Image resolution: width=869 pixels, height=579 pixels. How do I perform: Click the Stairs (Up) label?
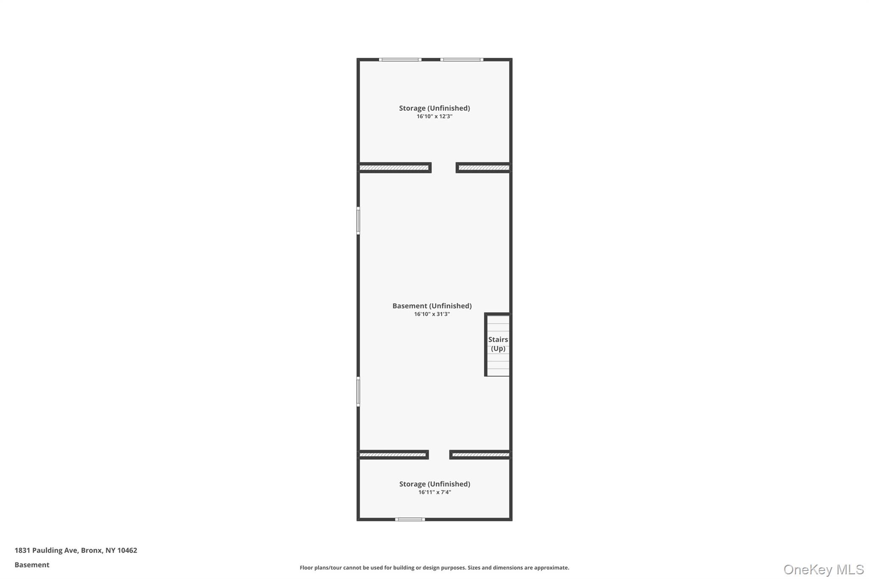pyautogui.click(x=498, y=344)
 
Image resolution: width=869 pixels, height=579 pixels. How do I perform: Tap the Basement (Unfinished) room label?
pyautogui.click(x=432, y=306)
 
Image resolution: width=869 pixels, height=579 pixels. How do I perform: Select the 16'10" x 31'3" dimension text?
pyautogui.click(x=432, y=314)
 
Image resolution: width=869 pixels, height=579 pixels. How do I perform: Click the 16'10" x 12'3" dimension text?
pyautogui.click(x=434, y=116)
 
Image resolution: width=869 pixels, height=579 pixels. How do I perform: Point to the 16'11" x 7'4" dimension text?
pyautogui.click(x=434, y=492)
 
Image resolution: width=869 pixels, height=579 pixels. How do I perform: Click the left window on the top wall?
pyautogui.click(x=400, y=60)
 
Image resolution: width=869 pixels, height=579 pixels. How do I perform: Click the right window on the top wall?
pyautogui.click(x=462, y=60)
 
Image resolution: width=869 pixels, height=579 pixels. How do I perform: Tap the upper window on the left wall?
pyautogui.click(x=358, y=221)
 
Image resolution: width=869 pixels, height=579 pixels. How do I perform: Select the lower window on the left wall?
pyautogui.click(x=358, y=392)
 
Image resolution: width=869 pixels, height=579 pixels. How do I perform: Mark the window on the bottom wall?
pyautogui.click(x=410, y=519)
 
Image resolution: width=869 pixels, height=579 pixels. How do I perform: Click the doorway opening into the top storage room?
pyautogui.click(x=444, y=168)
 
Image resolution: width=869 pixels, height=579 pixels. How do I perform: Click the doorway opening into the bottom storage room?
pyautogui.click(x=439, y=455)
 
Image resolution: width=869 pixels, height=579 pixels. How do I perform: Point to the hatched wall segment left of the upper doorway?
pyautogui.click(x=395, y=168)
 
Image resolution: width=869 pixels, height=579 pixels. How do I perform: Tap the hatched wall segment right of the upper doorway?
pyautogui.click(x=484, y=168)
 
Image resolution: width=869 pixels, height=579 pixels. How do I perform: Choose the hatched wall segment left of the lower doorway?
pyautogui.click(x=393, y=455)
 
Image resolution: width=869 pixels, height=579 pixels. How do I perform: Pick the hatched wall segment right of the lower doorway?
pyautogui.click(x=480, y=455)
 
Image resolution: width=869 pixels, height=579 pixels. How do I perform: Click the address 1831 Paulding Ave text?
pyautogui.click(x=76, y=551)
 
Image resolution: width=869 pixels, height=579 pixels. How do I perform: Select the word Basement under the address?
pyautogui.click(x=32, y=565)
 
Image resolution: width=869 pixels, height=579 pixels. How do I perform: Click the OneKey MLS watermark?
pyautogui.click(x=824, y=569)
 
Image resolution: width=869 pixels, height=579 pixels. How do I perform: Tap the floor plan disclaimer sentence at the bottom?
pyautogui.click(x=434, y=568)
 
